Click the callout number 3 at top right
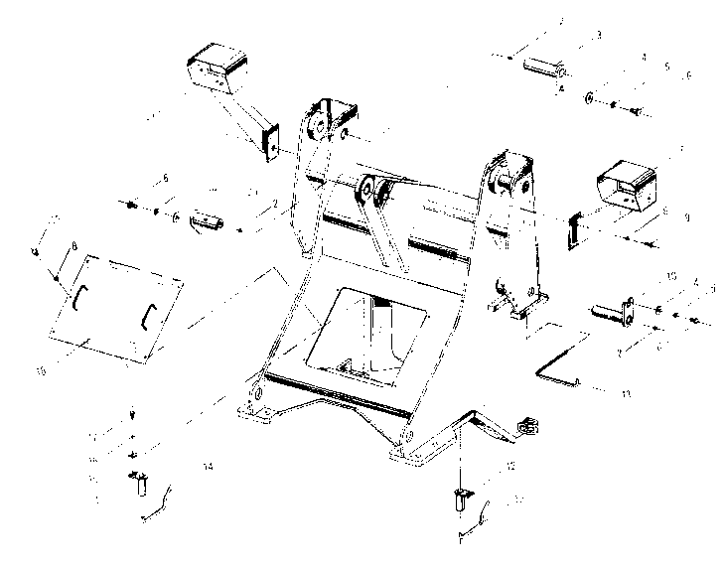pyautogui.click(x=599, y=35)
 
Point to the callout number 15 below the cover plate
pyautogui.click(x=41, y=372)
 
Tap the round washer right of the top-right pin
pyautogui.click(x=590, y=97)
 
